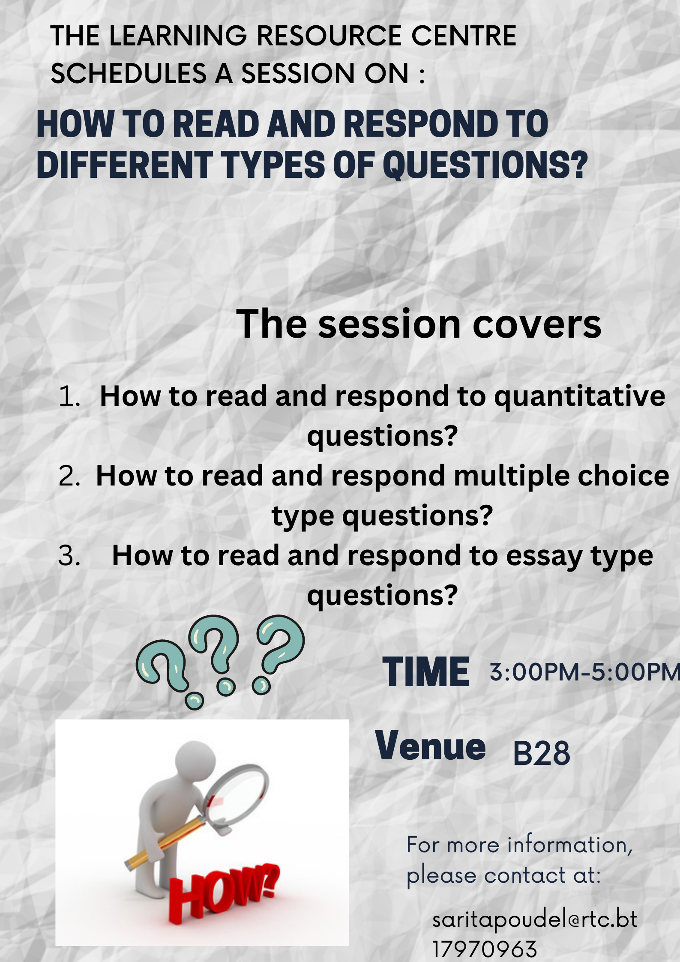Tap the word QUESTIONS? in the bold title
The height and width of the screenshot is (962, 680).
pyautogui.click(x=485, y=165)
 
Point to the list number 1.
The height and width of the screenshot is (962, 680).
pyautogui.click(x=69, y=396)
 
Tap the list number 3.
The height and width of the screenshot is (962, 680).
pyautogui.click(x=69, y=556)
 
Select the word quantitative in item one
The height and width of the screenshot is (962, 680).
pyautogui.click(x=580, y=397)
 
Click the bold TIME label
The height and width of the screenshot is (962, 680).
pyautogui.click(x=426, y=672)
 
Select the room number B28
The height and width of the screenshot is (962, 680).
pyautogui.click(x=542, y=753)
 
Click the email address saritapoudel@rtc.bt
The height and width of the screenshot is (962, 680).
pyautogui.click(x=535, y=920)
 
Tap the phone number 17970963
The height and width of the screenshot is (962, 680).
pyautogui.click(x=485, y=950)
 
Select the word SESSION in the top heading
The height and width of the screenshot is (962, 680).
pyautogui.click(x=298, y=73)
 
